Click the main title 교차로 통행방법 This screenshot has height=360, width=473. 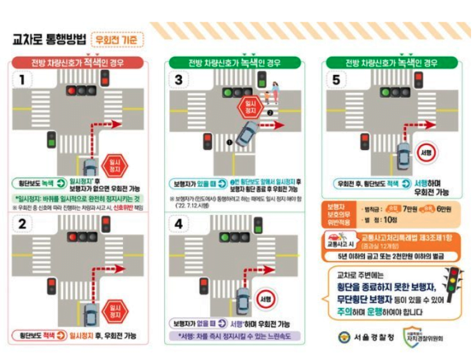[x=48, y=41]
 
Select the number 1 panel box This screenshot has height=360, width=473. [x=23, y=81]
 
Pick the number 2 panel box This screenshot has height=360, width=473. [x=23, y=223]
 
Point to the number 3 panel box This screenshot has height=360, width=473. [x=179, y=81]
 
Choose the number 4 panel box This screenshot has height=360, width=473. [x=179, y=223]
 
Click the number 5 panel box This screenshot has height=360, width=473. [x=336, y=81]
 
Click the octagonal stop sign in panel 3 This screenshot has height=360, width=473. [x=246, y=106]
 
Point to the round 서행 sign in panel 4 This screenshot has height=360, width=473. [x=264, y=297]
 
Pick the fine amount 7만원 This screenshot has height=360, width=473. [x=407, y=208]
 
